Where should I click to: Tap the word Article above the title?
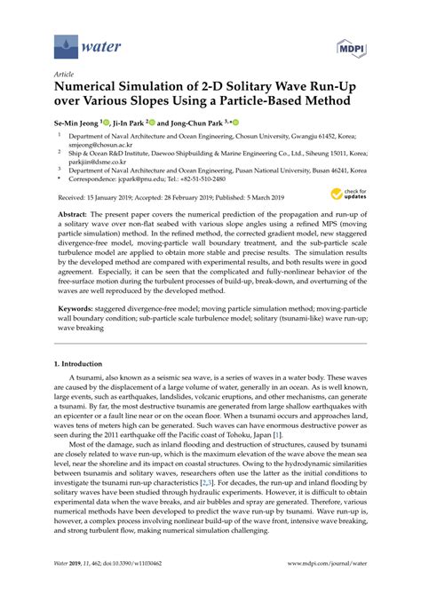pos(65,75)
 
